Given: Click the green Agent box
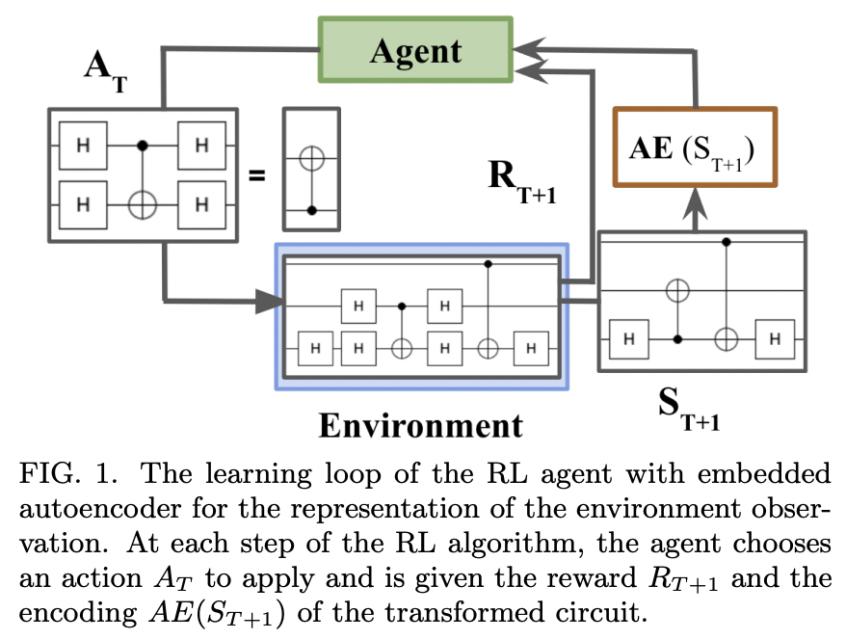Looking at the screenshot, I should coord(416,51).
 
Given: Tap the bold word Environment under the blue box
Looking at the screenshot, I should coord(421,424).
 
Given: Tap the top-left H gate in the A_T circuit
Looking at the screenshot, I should coord(83,146).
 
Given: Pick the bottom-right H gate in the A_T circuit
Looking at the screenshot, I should coord(201,204).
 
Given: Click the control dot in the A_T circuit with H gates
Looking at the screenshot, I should coord(143,146).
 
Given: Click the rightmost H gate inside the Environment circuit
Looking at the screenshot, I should coord(529,347).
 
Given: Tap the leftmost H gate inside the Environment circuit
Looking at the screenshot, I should coord(314,347).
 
